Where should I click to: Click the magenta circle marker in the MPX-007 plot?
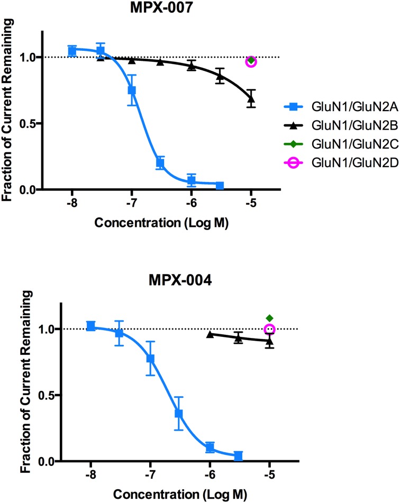click(x=251, y=61)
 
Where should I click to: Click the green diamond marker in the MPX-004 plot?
click(x=270, y=318)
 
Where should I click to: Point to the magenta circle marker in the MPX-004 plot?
click(x=270, y=330)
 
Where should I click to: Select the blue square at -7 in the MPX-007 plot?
click(x=132, y=90)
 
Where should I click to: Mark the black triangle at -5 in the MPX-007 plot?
click(x=251, y=98)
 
